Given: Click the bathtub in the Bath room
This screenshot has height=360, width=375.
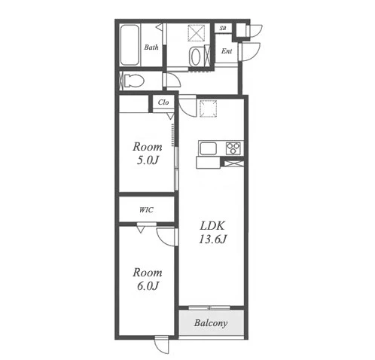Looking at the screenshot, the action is coord(130,45).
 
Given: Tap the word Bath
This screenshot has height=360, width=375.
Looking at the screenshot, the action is coord(151,47).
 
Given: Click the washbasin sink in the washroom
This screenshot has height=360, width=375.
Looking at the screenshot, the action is coord(196,56).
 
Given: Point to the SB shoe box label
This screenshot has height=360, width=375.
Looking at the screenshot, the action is coord(223,28).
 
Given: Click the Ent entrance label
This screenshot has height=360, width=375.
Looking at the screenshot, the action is coord(227,51).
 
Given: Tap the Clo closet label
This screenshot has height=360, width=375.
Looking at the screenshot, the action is coord(163,102).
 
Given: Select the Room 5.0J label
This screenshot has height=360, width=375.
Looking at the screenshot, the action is coord(148,154).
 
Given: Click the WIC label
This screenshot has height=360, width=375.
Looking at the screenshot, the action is coord(146,209).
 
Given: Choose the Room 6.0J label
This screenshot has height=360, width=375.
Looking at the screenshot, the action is coord(148,279).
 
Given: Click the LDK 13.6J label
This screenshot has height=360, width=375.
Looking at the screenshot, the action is coord(213,233).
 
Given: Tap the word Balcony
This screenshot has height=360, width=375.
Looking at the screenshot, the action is coord(211,323).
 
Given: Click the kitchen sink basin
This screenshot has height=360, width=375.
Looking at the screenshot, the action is coord(208,148).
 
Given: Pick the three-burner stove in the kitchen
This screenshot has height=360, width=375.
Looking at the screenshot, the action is coord(233,148).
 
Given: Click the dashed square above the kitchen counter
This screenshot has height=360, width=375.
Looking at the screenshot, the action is coord(208,108).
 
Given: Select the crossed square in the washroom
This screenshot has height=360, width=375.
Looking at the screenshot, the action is coord(196,32).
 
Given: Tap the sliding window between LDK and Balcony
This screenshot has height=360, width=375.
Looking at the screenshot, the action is coord(209,307).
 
